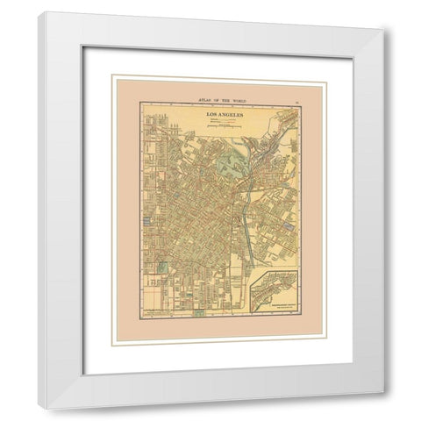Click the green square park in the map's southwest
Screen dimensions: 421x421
(x=161, y=267)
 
